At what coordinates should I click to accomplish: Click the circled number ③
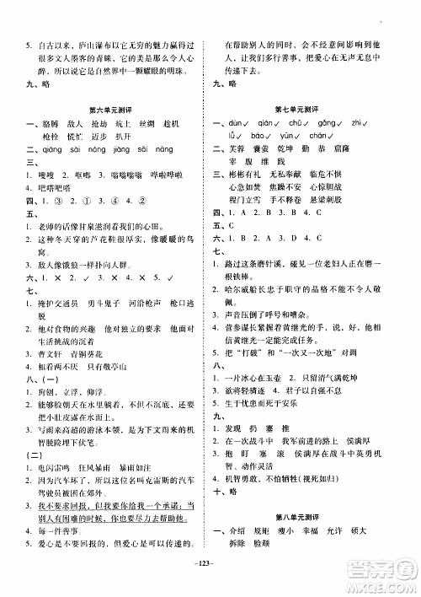[x=60, y=202]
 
